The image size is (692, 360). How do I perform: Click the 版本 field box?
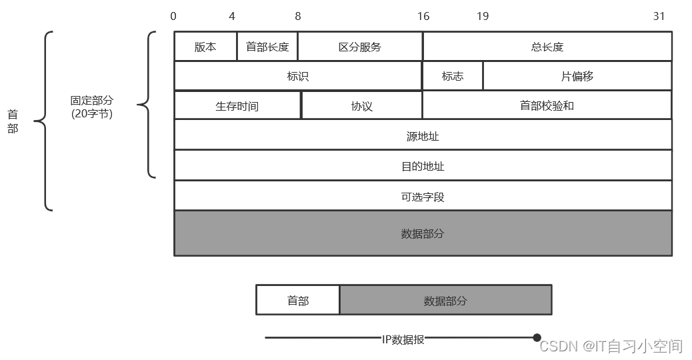[x=205, y=47]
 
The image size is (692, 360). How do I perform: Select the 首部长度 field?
[x=267, y=47]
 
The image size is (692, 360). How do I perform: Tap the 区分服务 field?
[x=360, y=47]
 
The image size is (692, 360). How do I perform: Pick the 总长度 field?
[x=547, y=47]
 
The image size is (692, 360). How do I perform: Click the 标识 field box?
[x=298, y=76]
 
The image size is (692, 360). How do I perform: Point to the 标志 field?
[x=453, y=76]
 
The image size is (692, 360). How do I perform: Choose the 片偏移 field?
[x=577, y=76]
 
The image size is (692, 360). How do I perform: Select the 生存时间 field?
[x=237, y=106]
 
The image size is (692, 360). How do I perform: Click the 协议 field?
[x=362, y=106]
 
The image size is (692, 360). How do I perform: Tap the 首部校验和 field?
[x=547, y=106]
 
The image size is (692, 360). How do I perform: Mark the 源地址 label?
[x=423, y=136]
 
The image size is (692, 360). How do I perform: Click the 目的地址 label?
[x=423, y=166]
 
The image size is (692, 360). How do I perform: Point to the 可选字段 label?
[x=423, y=197]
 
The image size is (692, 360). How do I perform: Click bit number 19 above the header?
[x=483, y=16]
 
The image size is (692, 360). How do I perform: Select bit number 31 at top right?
[x=659, y=16]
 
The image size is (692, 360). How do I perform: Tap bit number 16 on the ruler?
[x=423, y=16]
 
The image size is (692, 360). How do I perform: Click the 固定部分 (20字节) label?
[x=92, y=107]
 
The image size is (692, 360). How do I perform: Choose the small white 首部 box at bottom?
[x=298, y=301]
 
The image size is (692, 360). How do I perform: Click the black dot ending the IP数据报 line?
[x=537, y=338]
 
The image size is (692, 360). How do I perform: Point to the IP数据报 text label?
[x=403, y=339]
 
